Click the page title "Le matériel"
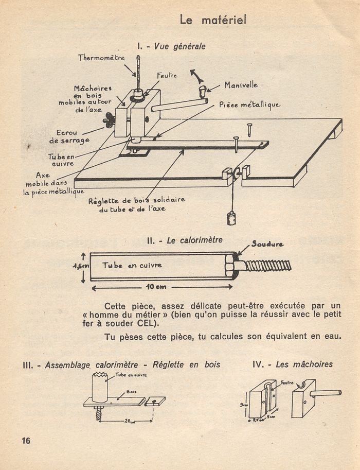(213, 20)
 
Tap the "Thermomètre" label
(101, 58)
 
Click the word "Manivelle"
(241, 85)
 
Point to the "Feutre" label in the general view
(167, 76)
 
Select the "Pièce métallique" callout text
(250, 105)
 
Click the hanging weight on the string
(231, 218)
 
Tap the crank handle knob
(203, 92)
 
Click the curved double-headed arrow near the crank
(197, 76)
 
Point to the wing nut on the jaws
(109, 120)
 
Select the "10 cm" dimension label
(156, 287)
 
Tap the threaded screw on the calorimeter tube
(268, 266)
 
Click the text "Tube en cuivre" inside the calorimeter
(132, 265)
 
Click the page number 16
(26, 440)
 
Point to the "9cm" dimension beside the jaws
(244, 405)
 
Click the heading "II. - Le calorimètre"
(185, 240)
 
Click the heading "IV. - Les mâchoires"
(293, 364)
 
